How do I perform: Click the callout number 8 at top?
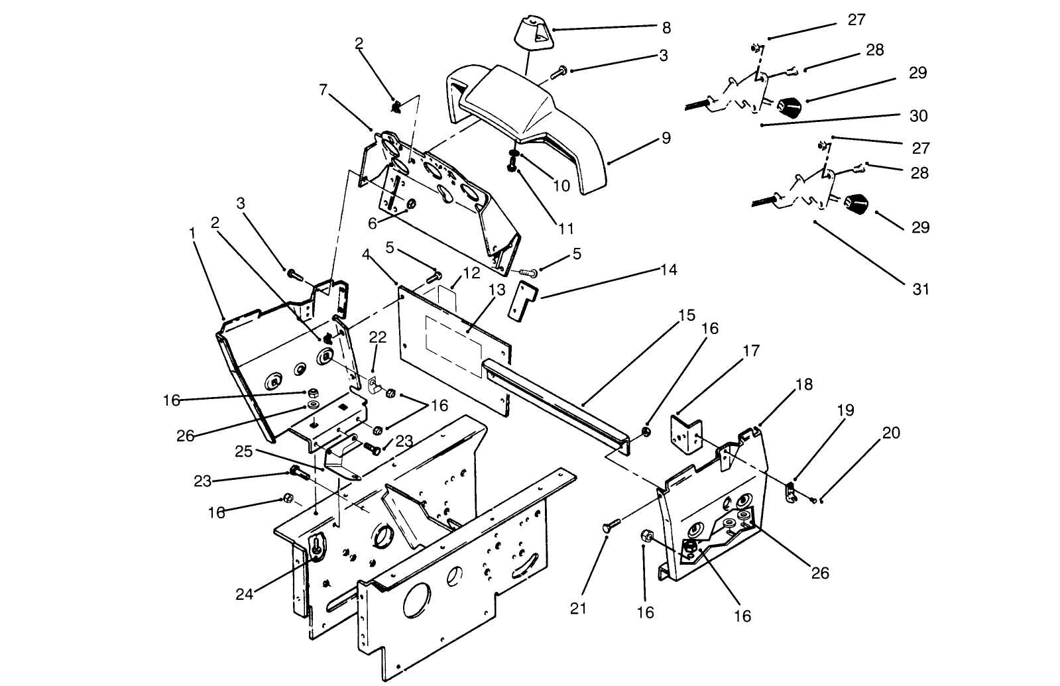(x=666, y=28)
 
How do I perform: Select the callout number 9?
(x=666, y=138)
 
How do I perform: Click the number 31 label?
(x=921, y=289)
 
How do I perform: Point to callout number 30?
(x=918, y=116)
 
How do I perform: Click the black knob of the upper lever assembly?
(x=789, y=106)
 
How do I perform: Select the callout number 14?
(x=668, y=270)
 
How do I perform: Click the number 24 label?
(x=244, y=595)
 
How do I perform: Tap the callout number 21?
(x=579, y=608)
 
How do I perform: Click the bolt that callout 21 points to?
(x=609, y=528)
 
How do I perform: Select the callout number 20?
(x=891, y=433)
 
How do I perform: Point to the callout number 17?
(x=751, y=350)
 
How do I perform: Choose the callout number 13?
(x=497, y=290)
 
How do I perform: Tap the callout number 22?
(x=377, y=337)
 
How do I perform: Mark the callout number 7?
(x=323, y=89)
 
